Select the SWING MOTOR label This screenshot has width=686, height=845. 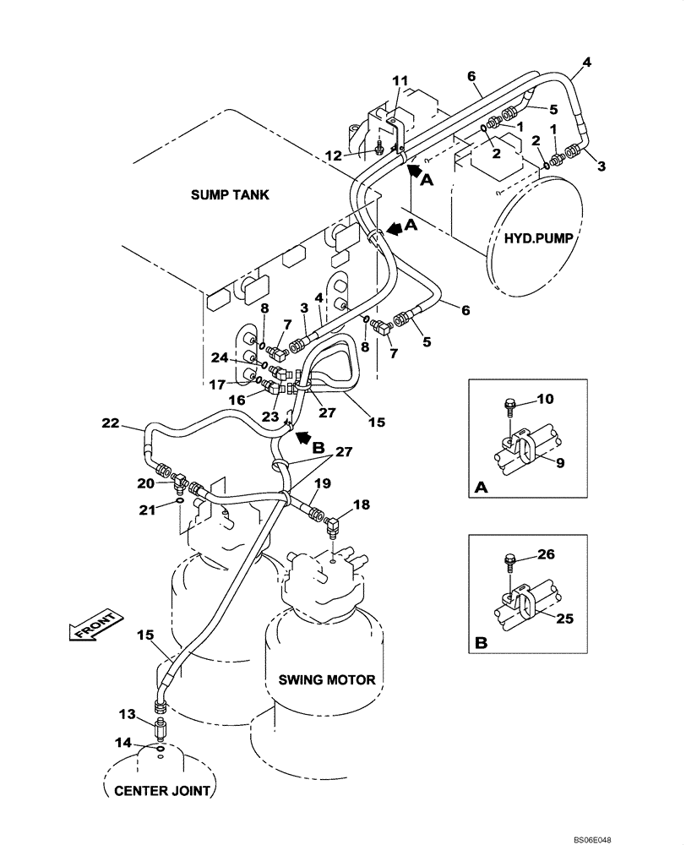pos(327,679)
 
